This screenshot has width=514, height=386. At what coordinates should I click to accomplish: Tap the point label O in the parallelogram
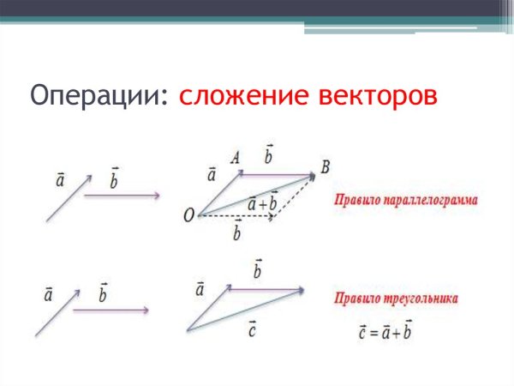[x=188, y=216]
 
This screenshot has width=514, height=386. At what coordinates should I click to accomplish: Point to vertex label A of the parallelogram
[x=234, y=158]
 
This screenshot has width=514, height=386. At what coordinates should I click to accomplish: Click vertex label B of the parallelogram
[x=325, y=166]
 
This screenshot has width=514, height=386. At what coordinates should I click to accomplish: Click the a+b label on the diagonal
[x=261, y=204]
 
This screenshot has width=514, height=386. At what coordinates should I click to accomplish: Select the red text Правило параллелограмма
[x=405, y=200]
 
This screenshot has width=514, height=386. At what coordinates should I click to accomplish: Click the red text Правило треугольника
[x=395, y=299]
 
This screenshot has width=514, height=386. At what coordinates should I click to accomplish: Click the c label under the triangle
[x=253, y=327]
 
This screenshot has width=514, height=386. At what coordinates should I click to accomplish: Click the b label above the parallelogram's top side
[x=268, y=156]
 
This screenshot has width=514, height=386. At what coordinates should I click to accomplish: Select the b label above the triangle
[x=257, y=270]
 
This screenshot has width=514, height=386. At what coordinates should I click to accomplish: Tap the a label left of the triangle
[x=200, y=290]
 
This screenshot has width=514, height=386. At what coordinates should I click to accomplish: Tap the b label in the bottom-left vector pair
[x=104, y=293]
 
